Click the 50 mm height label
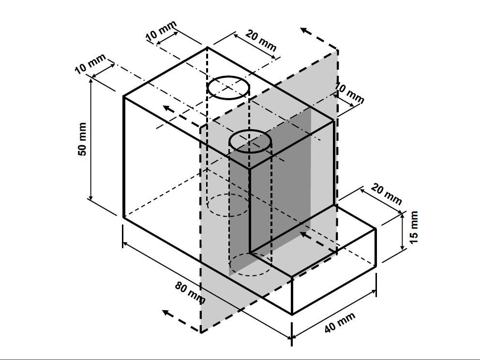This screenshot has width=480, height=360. [82, 139]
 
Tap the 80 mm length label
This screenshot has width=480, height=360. [190, 293]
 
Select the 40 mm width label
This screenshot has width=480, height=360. [340, 323]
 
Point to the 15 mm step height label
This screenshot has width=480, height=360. [413, 227]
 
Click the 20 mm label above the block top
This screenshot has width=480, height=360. [261, 41]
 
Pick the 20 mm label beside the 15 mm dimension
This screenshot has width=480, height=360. [386, 194]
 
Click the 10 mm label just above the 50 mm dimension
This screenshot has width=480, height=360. [90, 63]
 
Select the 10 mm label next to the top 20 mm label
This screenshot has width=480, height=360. [161, 30]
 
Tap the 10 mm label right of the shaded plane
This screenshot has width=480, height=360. [349, 93]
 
